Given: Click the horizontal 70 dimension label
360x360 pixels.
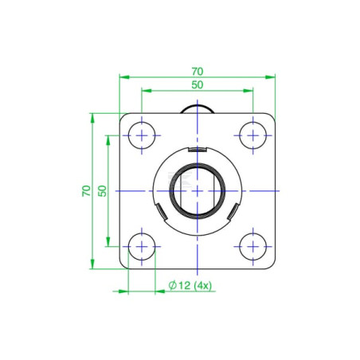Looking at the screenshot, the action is [198, 72].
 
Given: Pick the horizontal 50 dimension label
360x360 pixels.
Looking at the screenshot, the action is [198, 85].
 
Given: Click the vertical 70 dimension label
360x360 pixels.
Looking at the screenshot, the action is [86, 191].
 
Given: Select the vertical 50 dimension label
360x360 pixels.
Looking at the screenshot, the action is [102, 191].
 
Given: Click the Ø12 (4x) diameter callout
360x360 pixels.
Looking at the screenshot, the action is [190, 286].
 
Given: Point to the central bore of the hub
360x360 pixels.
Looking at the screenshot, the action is [198, 191].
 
